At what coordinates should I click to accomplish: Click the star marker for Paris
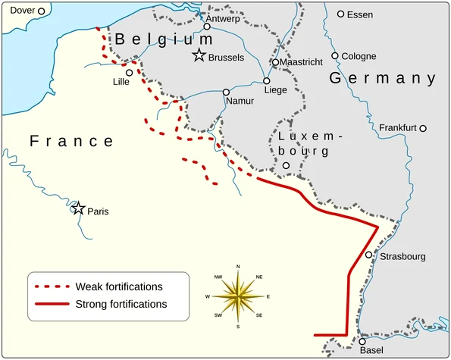78,208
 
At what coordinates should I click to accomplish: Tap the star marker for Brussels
199,55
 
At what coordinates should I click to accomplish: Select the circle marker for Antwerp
206,27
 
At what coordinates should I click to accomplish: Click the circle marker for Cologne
335,56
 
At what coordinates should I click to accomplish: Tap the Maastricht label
302,61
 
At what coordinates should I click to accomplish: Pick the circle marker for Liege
267,80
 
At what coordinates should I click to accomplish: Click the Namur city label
240,101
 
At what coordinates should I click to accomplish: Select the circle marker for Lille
130,73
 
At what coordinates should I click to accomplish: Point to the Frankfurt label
398,128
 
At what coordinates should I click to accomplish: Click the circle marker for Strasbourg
369,255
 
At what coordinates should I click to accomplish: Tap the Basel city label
371,351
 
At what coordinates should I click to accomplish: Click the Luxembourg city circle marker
286,165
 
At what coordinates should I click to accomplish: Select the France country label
71,142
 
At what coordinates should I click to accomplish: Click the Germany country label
382,79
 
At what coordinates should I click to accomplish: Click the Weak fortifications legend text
119,286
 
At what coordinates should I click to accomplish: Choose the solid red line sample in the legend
52,304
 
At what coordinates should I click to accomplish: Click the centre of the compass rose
238,296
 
